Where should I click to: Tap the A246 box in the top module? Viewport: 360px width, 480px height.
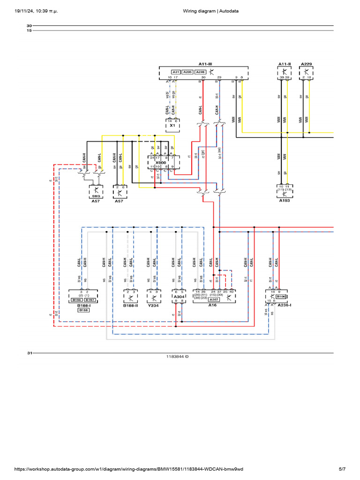(200, 72)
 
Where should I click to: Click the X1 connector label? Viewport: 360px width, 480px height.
(172, 126)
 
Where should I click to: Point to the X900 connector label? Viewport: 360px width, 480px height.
(161, 162)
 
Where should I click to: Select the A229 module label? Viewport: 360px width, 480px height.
(306, 63)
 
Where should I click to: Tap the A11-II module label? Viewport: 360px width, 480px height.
(285, 63)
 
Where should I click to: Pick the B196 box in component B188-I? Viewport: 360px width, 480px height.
(77, 300)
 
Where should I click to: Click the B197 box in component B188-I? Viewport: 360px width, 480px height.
(90, 300)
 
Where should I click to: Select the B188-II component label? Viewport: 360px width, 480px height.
(130, 305)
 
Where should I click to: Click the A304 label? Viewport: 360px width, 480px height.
(179, 297)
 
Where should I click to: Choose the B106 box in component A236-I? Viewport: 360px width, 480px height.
(280, 297)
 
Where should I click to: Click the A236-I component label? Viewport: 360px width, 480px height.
(284, 305)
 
